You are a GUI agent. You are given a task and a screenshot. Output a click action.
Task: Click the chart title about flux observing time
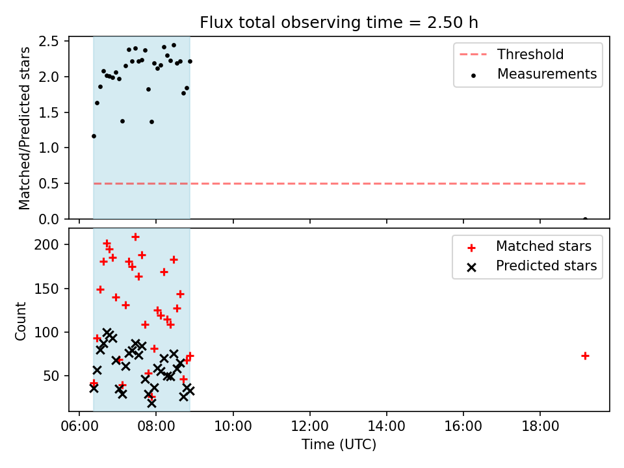pos(339,23)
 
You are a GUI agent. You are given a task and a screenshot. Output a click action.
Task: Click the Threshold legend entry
pos(512,54)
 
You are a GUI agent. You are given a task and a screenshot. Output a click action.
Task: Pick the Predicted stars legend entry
pos(532,266)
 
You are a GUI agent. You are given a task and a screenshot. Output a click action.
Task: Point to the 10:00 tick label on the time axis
pos(233,426)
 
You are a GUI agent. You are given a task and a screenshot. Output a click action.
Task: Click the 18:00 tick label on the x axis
pos(540,426)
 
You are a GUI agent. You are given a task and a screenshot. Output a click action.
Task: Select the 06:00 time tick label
pos(79,426)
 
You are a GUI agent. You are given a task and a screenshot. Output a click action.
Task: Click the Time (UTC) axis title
pos(339,444)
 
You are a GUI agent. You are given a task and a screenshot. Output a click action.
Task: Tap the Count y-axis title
pos(20,320)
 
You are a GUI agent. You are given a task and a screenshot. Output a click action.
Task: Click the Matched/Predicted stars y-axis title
pos(24,128)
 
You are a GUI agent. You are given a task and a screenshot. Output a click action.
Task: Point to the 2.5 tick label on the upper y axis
pos(49,42)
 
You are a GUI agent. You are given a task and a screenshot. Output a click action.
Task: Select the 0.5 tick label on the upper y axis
pos(49,184)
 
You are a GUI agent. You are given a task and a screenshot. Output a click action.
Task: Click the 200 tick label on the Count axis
pos(47,244)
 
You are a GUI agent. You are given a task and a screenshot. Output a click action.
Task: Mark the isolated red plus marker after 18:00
pos(585,356)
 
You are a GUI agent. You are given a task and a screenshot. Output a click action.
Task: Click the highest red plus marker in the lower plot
pos(135,237)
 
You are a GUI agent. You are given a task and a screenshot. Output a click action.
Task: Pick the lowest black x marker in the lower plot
pos(151,403)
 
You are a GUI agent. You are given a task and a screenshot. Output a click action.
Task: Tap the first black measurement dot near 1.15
pos(94,136)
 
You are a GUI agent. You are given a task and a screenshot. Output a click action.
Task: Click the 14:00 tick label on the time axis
pos(386,426)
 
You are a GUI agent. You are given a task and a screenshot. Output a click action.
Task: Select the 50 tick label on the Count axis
pos(51,376)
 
